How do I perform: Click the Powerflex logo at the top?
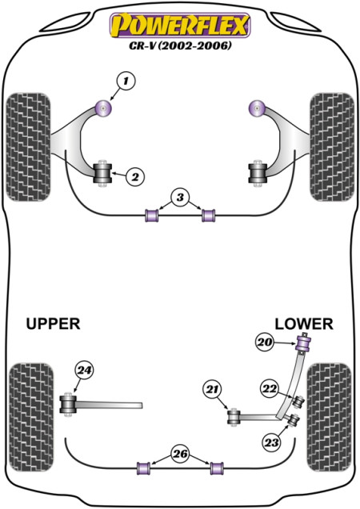[180, 25]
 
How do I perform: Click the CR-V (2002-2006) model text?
[181, 46]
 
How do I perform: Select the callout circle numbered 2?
[134, 177]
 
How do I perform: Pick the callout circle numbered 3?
[180, 197]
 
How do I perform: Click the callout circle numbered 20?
[265, 343]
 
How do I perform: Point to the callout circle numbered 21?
[213, 389]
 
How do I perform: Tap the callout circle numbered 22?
[270, 389]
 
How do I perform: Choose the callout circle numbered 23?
[272, 442]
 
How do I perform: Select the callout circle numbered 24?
[85, 371]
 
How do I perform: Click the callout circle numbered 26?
[181, 454]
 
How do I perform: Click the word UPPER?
[53, 323]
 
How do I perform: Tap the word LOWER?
[304, 324]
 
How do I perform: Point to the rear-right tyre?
[329, 417]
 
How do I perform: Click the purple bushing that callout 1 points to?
[103, 108]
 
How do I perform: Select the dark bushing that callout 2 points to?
[102, 174]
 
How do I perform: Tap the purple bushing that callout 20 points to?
[304, 344]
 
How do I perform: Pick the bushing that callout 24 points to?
[68, 405]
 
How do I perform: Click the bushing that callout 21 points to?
[234, 418]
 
